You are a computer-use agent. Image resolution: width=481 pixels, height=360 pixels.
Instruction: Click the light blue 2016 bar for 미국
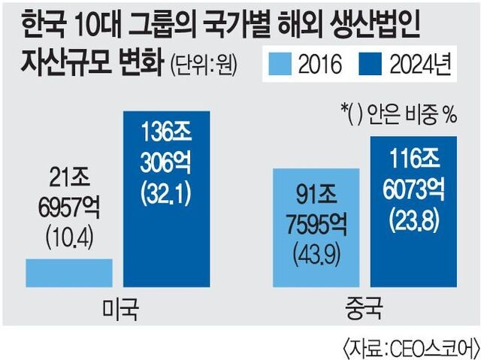(69, 273)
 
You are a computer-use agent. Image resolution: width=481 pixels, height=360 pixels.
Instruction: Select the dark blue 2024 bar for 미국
(166, 198)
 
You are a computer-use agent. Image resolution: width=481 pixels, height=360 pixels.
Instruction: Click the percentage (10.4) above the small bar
(69, 239)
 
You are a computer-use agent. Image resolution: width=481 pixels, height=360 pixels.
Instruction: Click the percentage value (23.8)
(414, 222)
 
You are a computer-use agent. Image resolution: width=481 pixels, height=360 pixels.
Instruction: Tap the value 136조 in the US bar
(166, 132)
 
